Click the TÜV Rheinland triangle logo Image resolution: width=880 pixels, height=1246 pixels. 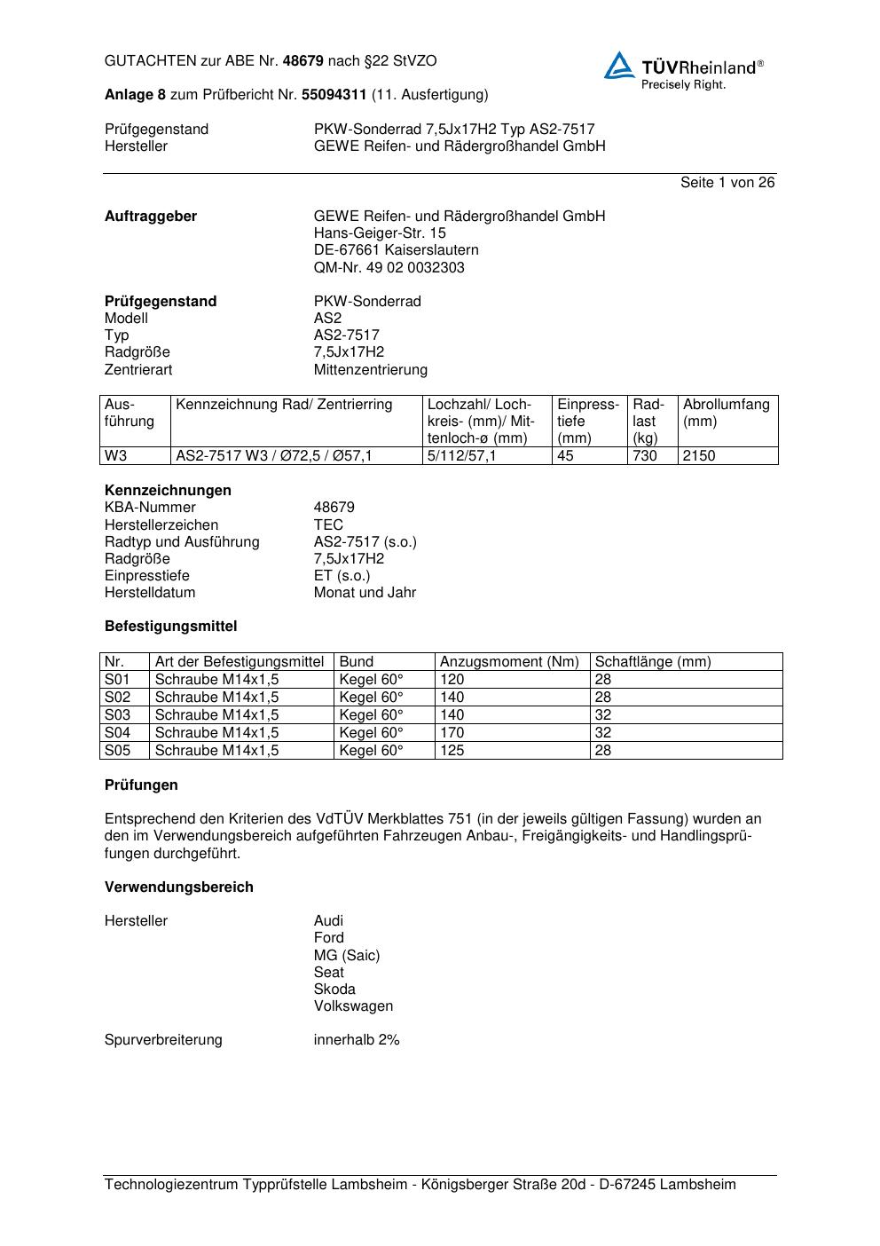coord(619,66)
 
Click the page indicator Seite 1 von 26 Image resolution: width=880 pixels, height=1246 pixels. coord(727,183)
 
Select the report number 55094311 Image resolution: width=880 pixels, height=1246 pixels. coord(334,95)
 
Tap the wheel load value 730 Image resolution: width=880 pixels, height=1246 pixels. coord(644,456)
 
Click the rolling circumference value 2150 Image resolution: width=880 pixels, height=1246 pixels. coord(699,456)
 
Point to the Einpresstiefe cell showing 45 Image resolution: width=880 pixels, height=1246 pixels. coord(566,456)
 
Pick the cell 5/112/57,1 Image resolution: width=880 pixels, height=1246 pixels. coord(461,456)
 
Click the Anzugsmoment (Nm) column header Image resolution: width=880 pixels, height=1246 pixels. coord(509,662)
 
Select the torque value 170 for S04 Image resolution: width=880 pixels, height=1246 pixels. coord(452,733)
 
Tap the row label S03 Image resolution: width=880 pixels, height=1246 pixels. coord(117,715)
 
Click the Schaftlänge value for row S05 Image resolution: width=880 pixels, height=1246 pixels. coord(603,751)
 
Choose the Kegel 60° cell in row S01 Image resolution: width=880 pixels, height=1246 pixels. coord(371,680)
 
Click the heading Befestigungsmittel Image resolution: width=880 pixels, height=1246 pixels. coord(170,627)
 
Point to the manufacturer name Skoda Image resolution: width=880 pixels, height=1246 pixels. coord(334,990)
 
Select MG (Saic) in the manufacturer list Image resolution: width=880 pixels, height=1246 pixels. coord(346,956)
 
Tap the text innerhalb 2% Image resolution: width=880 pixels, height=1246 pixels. coord(357,1040)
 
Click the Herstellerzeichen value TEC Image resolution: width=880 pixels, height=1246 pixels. coord(328,525)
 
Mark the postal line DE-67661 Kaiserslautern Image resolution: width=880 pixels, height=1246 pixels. coord(396,250)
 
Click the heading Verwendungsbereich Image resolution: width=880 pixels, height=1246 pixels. coord(178,887)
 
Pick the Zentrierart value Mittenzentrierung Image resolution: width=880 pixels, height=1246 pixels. coord(370,370)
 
